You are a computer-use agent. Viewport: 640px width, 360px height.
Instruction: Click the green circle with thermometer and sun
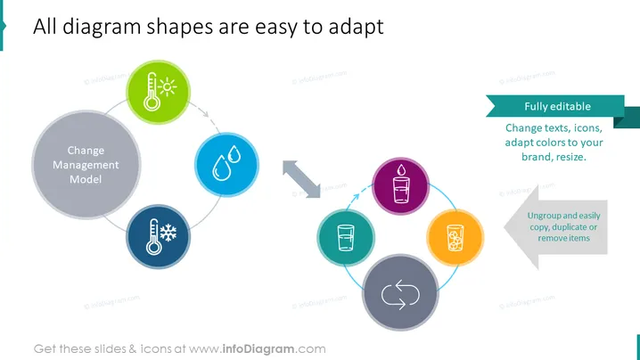click(158, 93)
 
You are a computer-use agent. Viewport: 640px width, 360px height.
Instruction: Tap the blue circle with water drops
click(226, 165)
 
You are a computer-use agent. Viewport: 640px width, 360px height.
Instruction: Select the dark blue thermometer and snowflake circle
click(158, 237)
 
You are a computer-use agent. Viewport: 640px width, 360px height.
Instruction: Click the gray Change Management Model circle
click(86, 165)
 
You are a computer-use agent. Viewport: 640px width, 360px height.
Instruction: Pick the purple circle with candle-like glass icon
click(400, 186)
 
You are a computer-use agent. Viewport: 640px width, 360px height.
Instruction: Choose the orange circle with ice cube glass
click(455, 238)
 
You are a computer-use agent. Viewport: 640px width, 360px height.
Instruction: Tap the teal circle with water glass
click(346, 238)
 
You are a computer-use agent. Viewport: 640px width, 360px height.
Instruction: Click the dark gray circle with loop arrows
click(400, 292)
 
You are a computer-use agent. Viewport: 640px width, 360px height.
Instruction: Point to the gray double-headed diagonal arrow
click(301, 179)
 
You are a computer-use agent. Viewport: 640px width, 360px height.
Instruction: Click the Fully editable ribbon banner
click(557, 107)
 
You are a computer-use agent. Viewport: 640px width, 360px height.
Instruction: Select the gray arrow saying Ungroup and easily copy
click(556, 227)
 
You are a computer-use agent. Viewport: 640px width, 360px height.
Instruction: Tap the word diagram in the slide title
click(102, 28)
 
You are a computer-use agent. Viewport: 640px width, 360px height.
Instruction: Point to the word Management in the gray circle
click(86, 165)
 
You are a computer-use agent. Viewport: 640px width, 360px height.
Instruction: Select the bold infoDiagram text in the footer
click(258, 349)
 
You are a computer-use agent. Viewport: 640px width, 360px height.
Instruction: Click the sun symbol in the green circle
click(168, 87)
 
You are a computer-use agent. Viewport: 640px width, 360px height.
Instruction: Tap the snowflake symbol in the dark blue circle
click(168, 233)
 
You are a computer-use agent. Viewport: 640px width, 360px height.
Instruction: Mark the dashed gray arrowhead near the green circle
click(205, 114)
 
